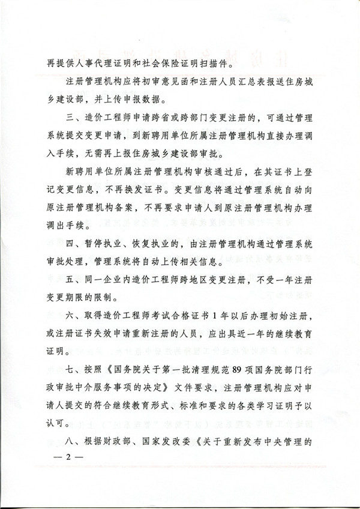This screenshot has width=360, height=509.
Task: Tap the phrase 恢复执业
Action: [x=152, y=261]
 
